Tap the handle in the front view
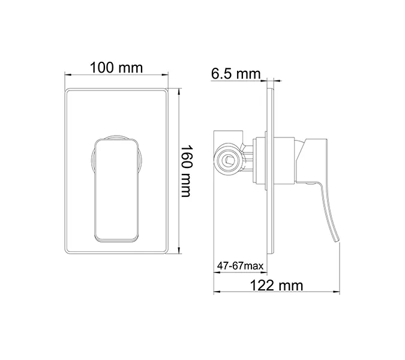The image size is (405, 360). click(117, 189)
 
